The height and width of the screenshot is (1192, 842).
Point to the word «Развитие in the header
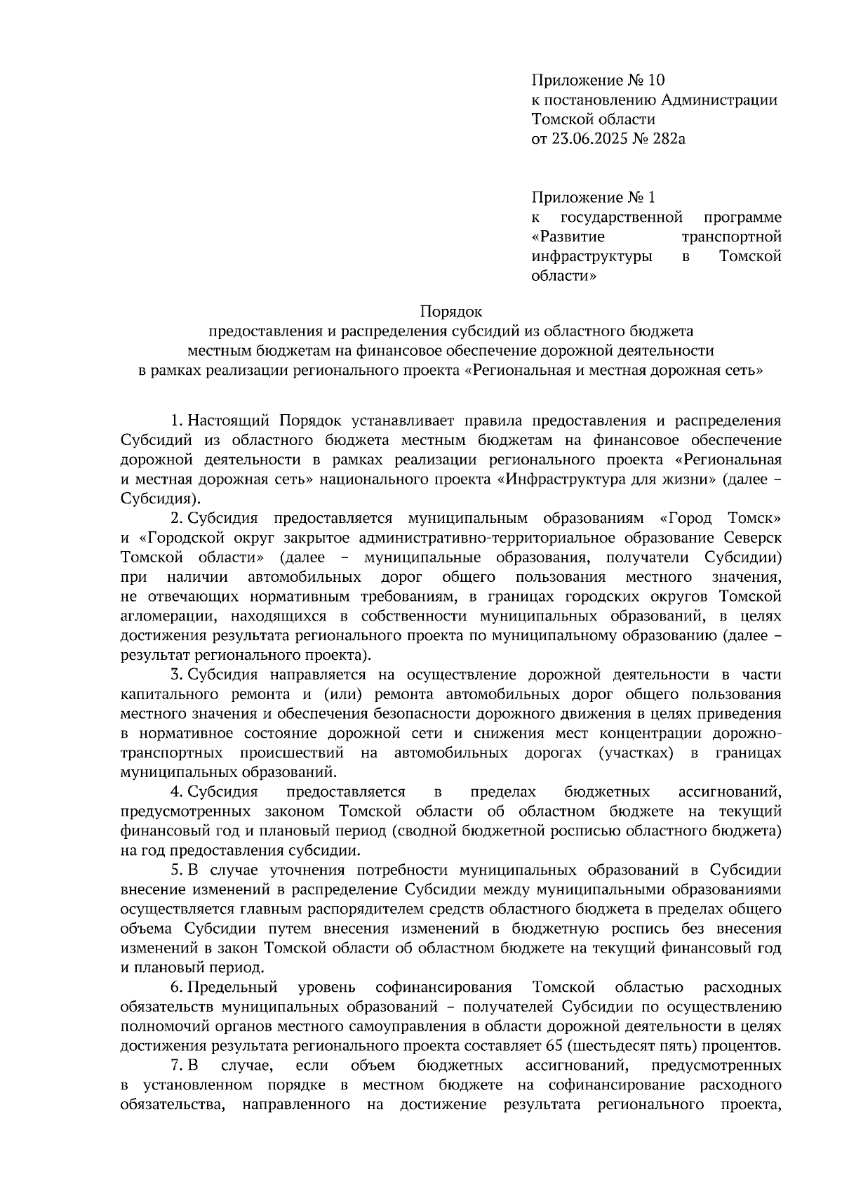(x=569, y=237)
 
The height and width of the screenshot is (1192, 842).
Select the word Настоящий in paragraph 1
(x=229, y=420)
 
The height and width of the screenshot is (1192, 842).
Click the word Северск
(x=752, y=538)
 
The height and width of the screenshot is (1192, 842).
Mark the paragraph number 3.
(x=176, y=675)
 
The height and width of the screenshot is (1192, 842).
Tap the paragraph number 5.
(x=176, y=870)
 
